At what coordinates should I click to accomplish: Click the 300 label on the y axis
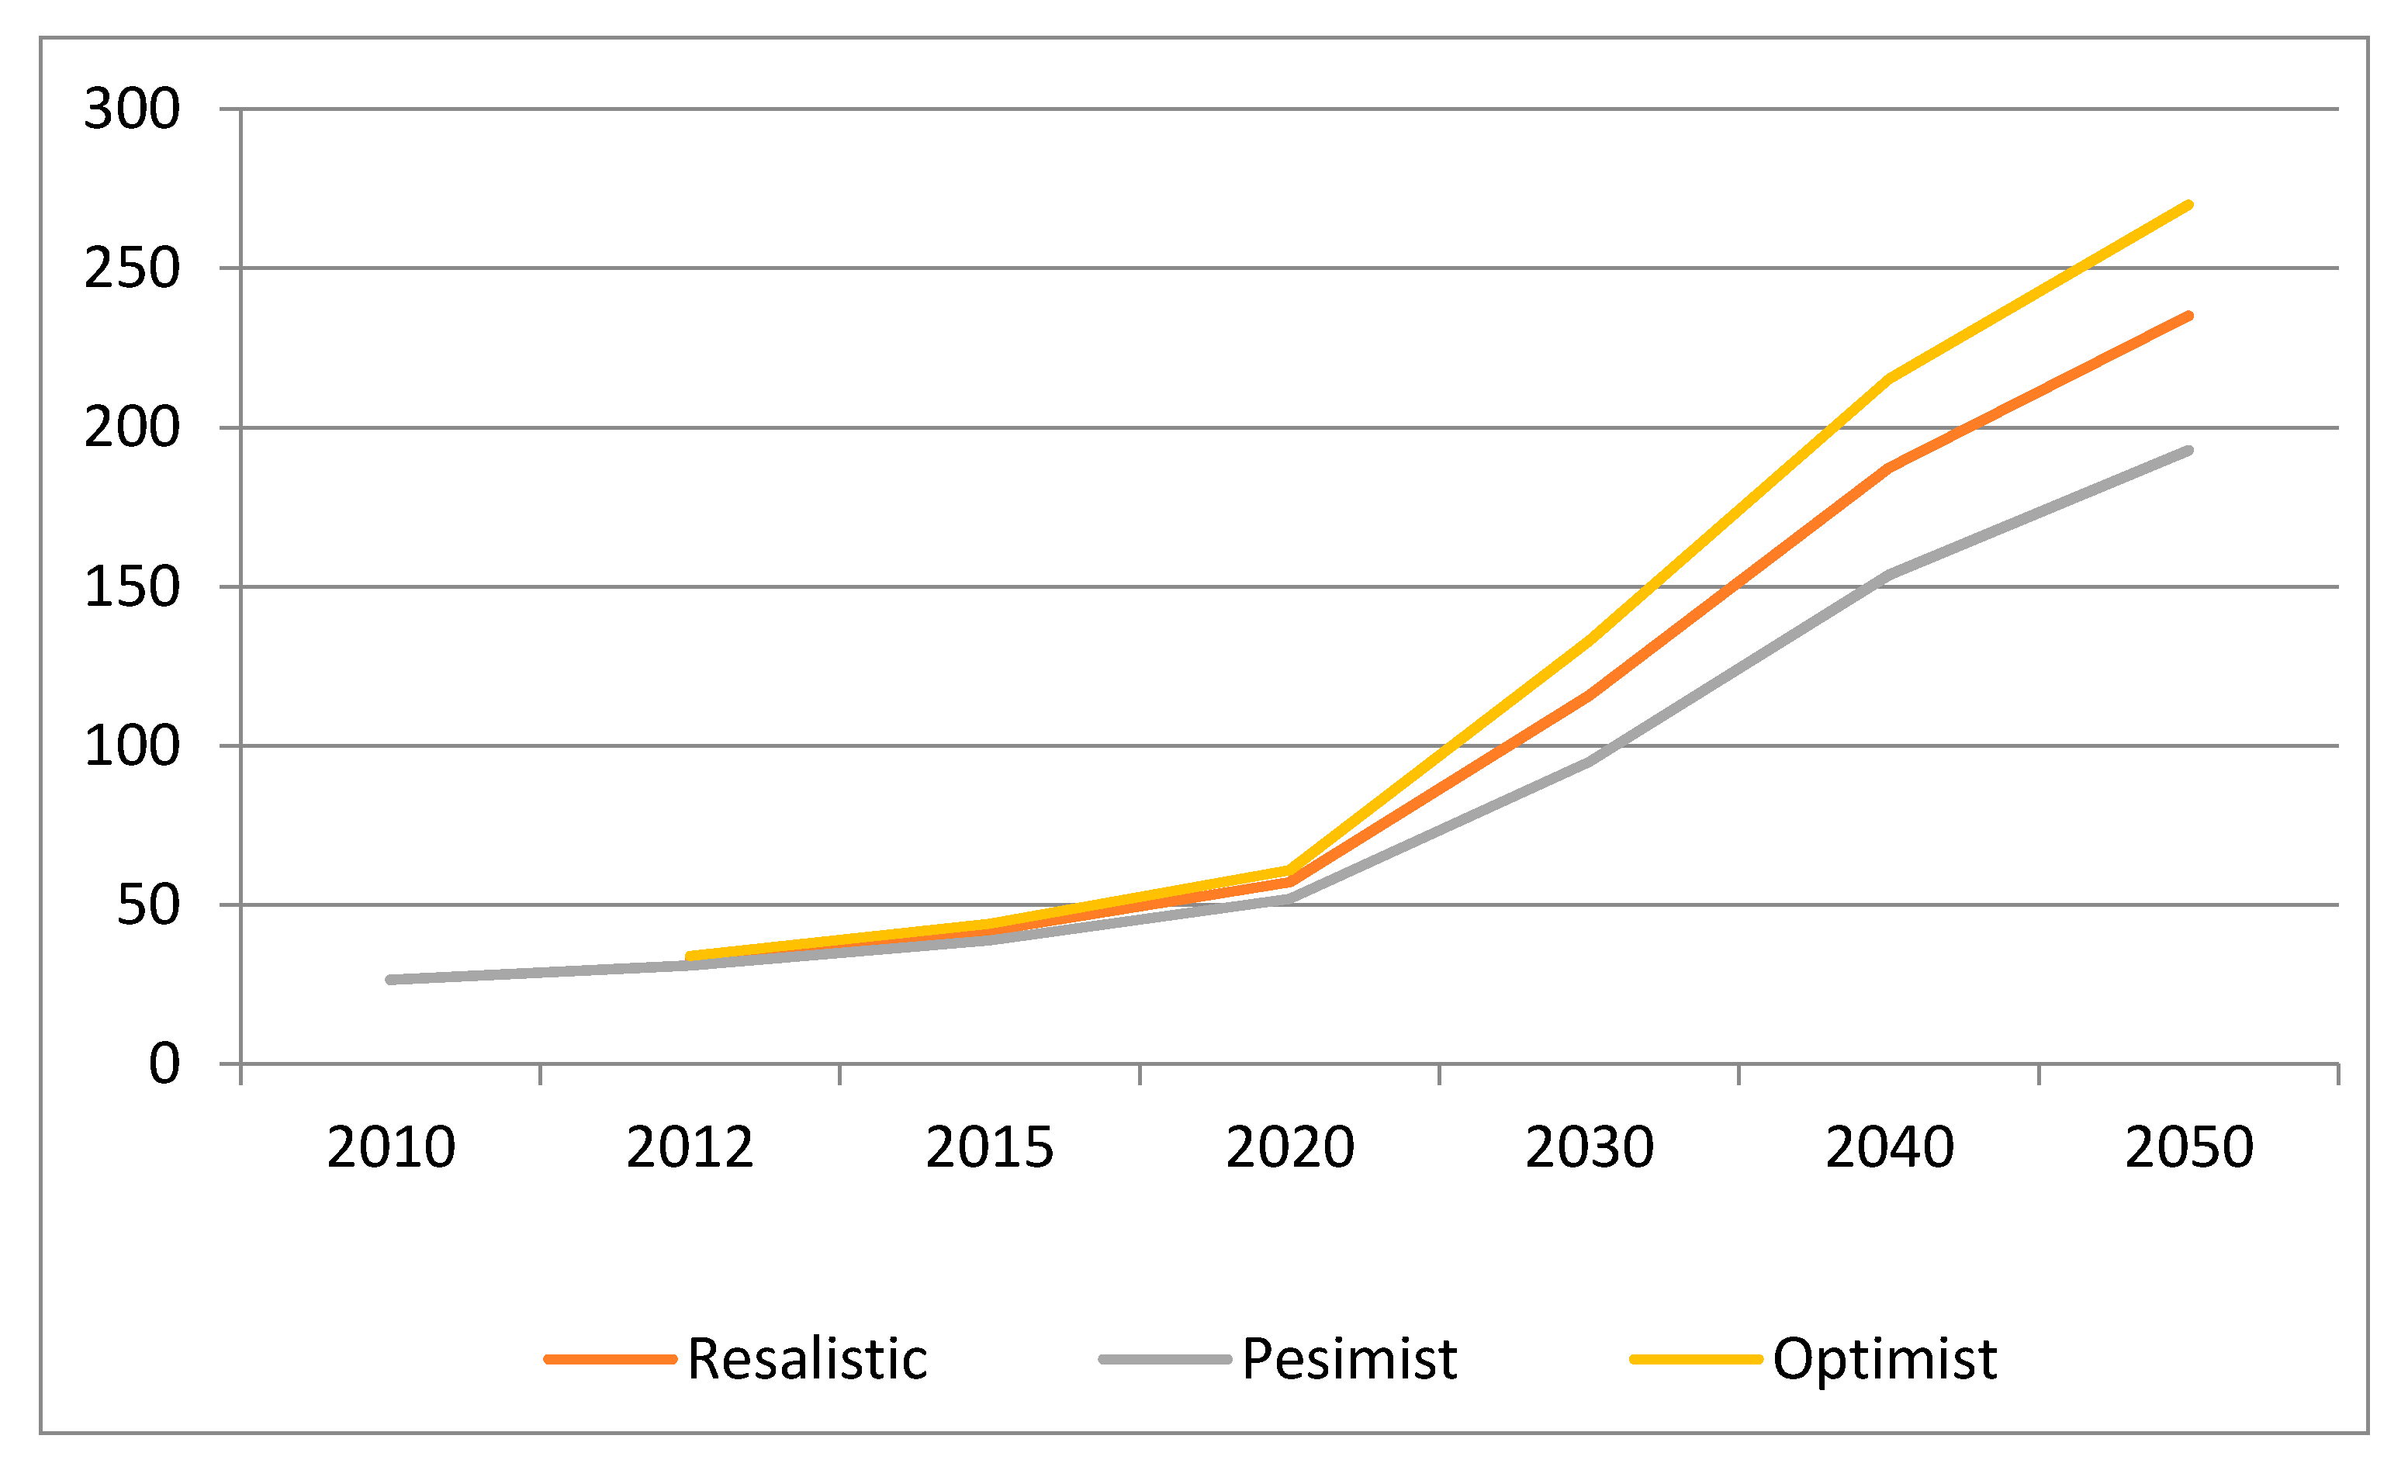click(132, 109)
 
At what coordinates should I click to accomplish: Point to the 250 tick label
click(132, 268)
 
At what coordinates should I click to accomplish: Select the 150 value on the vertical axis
click(132, 587)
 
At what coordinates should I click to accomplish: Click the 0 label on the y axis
click(164, 1064)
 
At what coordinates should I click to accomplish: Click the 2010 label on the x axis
click(391, 1147)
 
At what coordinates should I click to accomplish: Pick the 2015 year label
click(990, 1147)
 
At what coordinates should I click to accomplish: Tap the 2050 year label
click(2189, 1147)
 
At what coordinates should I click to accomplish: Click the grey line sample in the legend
click(1165, 1360)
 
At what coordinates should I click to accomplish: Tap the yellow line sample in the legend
click(1697, 1360)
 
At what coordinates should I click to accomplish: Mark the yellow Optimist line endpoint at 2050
click(2189, 206)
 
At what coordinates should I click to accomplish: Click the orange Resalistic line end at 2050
click(2189, 316)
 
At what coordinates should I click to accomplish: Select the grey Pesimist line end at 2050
click(2189, 451)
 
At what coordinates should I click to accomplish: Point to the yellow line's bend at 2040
click(1889, 379)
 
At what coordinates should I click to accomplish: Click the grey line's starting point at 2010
click(391, 979)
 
